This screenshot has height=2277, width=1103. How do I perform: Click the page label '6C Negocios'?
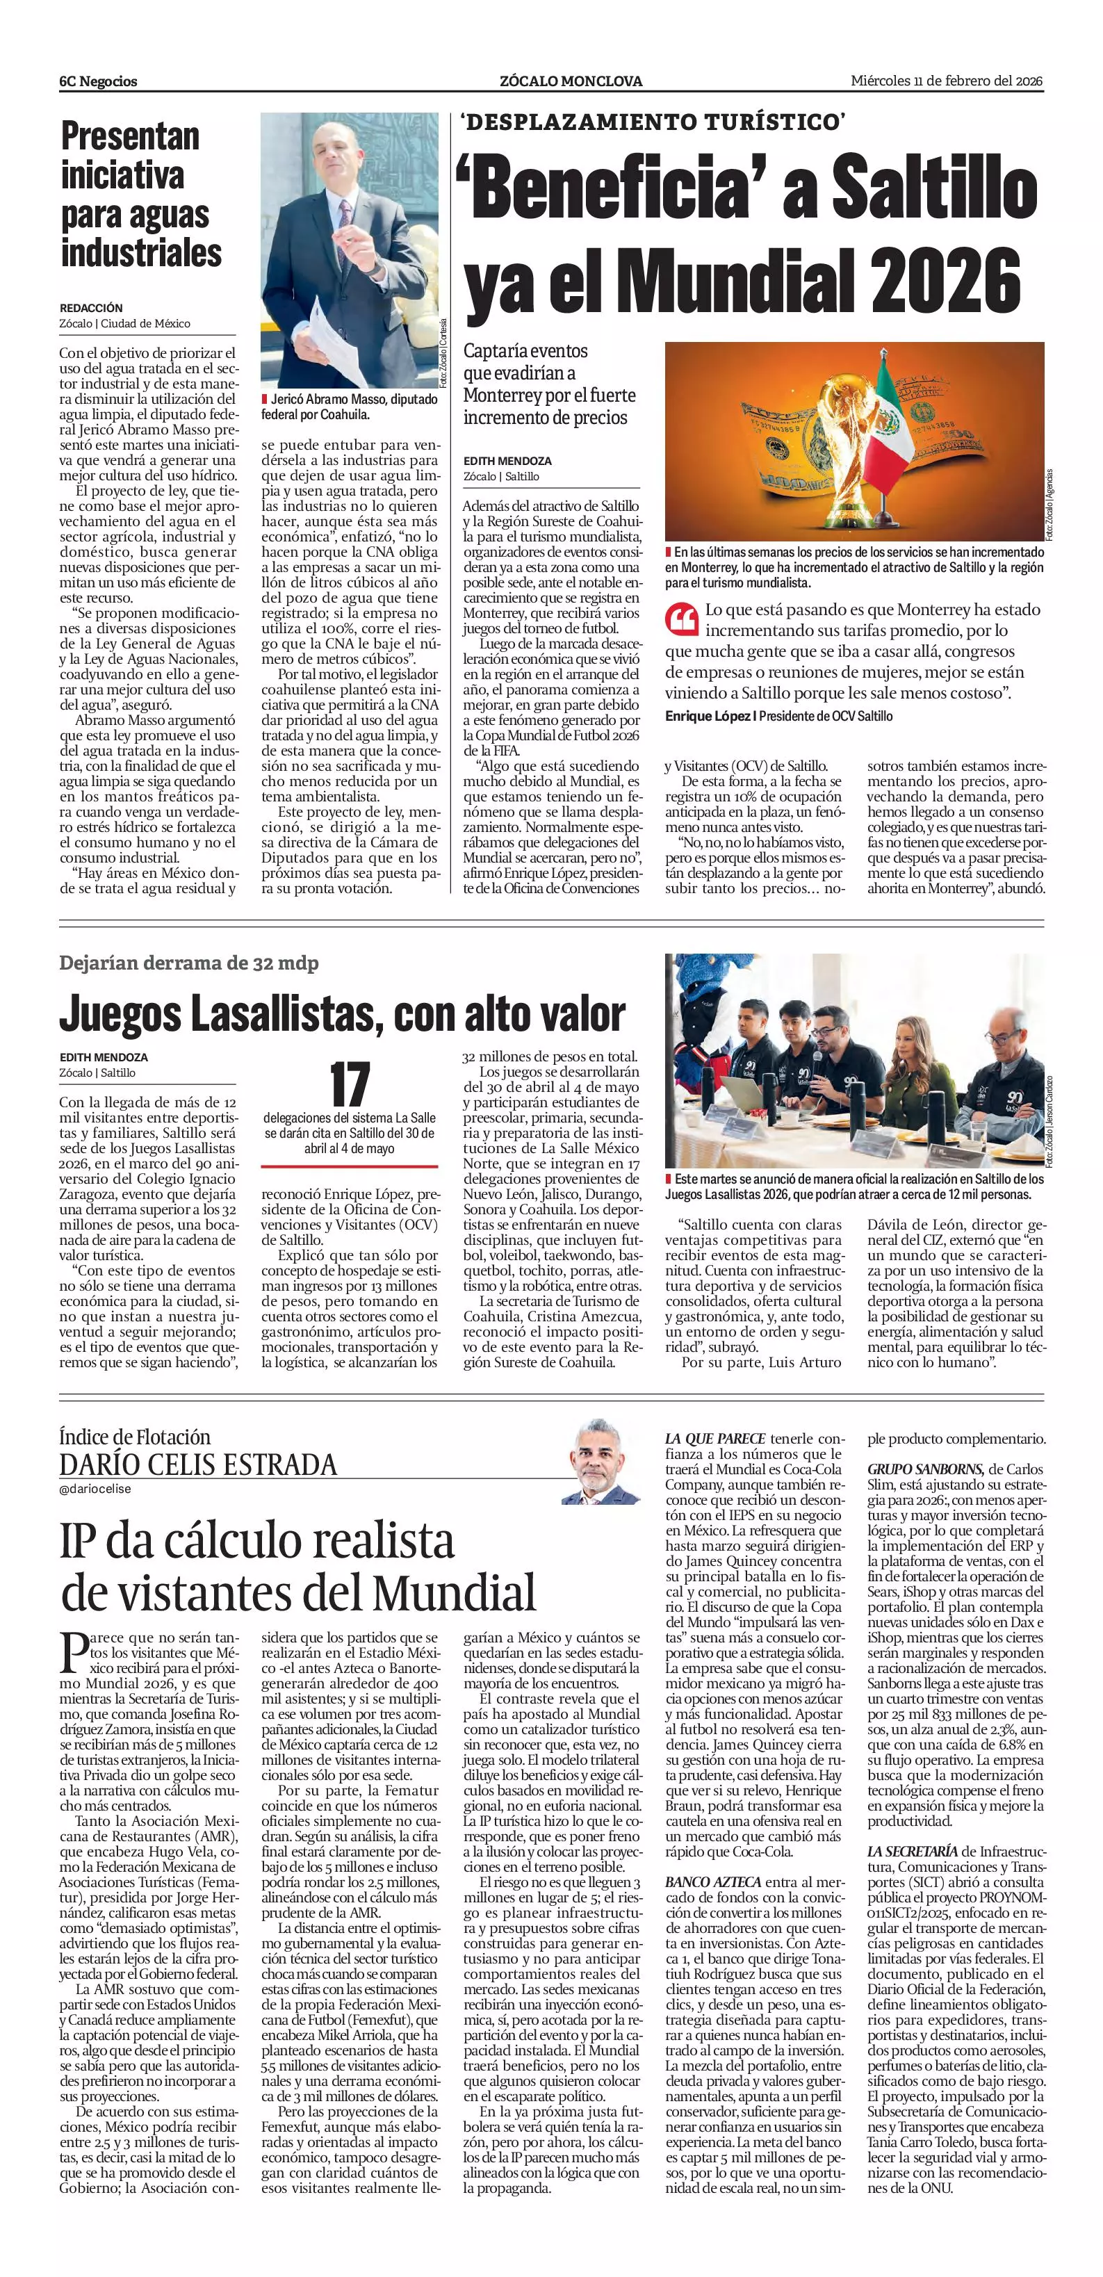click(98, 81)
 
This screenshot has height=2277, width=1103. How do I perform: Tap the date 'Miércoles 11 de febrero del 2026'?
click(947, 81)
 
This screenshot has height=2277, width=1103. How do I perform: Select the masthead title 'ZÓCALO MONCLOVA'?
click(570, 81)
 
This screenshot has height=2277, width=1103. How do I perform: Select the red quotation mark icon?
click(681, 619)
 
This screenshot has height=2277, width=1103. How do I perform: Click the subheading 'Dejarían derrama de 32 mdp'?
click(189, 963)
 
